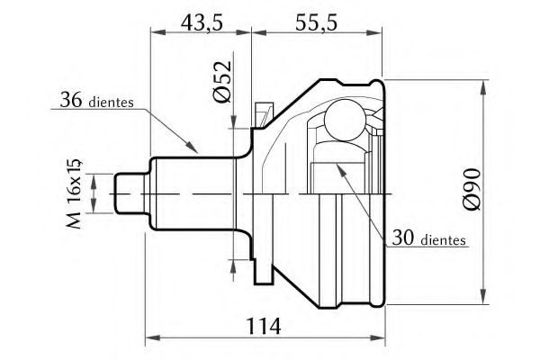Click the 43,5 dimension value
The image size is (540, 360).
(202, 22)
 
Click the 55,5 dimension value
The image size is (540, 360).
(317, 22)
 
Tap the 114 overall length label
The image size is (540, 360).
(264, 326)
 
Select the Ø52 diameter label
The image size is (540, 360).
(221, 82)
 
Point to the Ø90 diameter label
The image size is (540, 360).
(472, 189)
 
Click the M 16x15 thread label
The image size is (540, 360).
(74, 194)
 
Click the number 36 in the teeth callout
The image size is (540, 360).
(71, 100)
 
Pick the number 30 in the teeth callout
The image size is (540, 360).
(403, 238)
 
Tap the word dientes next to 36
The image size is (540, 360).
(111, 103)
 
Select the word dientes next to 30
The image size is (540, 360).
(443, 239)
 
